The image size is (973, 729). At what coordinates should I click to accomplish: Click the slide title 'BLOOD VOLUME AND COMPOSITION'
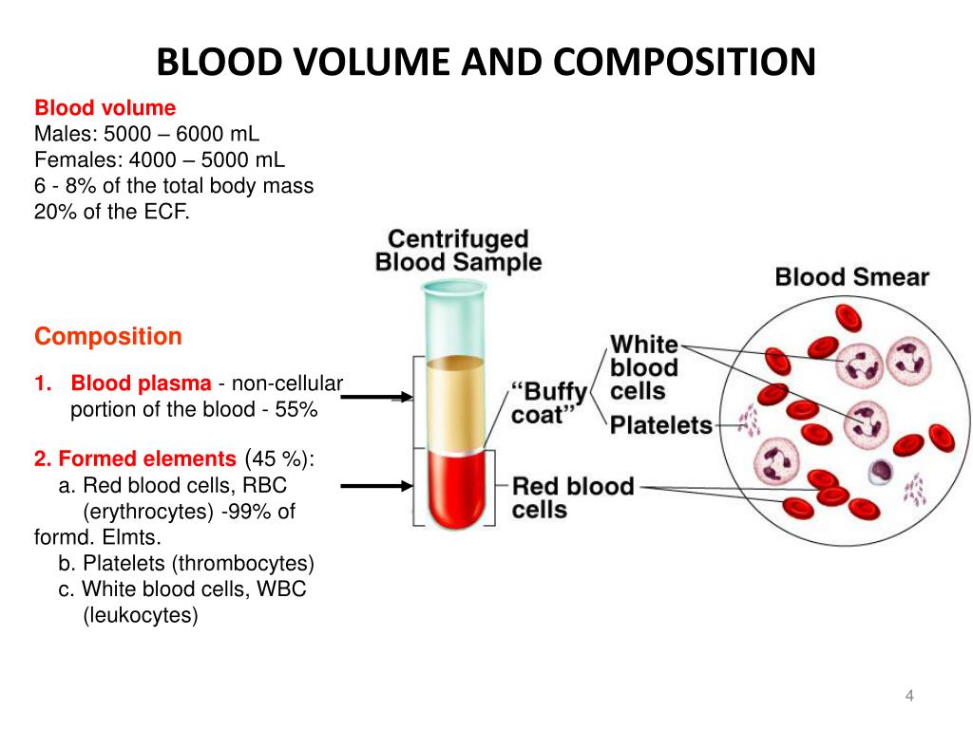pos(486,64)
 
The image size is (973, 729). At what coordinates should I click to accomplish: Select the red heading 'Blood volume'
pos(105,108)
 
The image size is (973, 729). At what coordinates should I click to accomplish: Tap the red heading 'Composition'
pos(107,336)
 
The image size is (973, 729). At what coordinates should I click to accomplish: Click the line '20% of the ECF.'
pos(112,211)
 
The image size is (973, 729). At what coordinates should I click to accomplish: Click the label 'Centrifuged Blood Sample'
pos(458,251)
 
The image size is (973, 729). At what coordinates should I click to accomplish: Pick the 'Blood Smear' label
pos(851,277)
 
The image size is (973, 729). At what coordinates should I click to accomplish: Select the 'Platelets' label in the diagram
pos(660,424)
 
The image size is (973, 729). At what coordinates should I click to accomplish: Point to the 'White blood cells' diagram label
pos(643,367)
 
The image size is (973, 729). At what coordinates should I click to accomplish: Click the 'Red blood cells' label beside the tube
pos(572,498)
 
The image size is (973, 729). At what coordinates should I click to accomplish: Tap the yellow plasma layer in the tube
pos(454,403)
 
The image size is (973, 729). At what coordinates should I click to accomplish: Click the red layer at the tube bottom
pos(454,489)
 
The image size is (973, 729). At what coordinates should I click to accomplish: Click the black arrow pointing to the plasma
pos(376,398)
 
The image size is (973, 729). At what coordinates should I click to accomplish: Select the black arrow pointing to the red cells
pos(376,486)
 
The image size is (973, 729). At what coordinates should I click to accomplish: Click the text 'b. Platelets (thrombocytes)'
pos(185,563)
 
